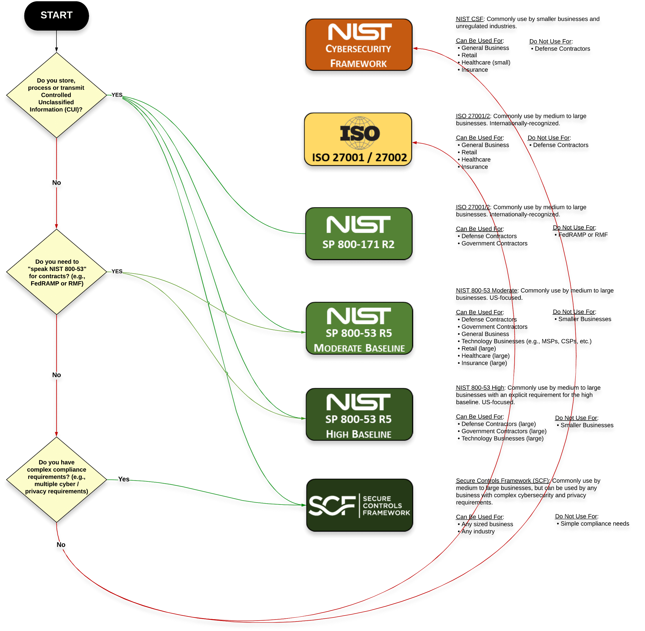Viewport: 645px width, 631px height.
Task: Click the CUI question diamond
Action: (56, 95)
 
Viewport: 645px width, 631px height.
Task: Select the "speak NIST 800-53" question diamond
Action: (56, 272)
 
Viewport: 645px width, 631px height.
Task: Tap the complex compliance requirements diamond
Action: (56, 480)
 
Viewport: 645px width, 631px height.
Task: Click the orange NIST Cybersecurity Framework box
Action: (358, 45)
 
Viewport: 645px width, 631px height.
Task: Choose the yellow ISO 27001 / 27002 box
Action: (358, 139)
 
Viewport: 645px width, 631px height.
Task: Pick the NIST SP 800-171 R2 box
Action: (358, 233)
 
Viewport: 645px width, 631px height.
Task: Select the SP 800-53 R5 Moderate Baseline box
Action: (359, 328)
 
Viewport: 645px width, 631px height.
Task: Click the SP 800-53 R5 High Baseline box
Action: (359, 414)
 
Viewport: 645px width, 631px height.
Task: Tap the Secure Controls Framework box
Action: (359, 505)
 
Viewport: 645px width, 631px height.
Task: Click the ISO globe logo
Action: (360, 133)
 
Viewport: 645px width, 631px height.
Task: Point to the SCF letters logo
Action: (332, 506)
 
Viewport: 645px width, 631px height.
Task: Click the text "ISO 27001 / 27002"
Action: (359, 157)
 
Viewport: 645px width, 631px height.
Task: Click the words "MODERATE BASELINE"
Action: (359, 348)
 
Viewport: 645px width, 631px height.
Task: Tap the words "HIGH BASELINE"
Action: (358, 434)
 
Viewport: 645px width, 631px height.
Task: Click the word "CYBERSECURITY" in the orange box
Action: (358, 49)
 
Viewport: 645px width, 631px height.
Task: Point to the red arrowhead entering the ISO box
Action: (414, 143)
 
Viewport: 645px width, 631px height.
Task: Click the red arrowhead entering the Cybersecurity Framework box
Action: (415, 48)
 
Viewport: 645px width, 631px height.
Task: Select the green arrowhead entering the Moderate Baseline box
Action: (303, 332)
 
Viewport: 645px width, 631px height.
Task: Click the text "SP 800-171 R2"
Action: (358, 245)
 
